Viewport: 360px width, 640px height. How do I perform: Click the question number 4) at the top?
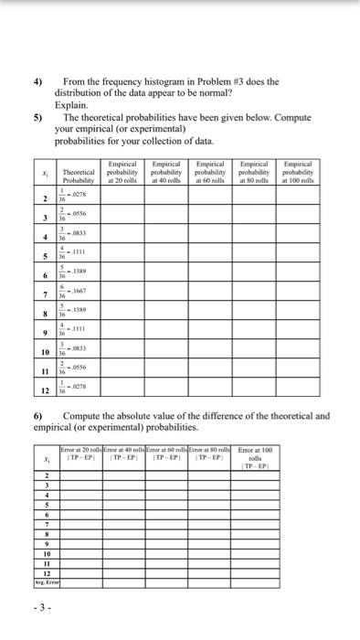tap(38, 81)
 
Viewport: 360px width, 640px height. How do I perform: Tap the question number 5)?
tap(38, 118)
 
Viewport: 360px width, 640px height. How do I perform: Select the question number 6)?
tap(38, 415)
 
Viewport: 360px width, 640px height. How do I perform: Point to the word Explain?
tap(73, 106)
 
